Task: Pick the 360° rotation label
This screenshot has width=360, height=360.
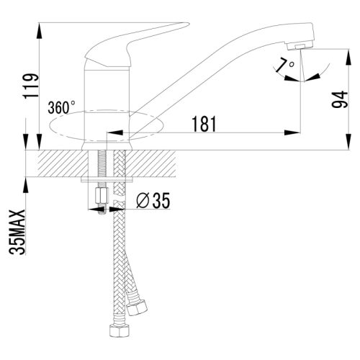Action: [x=62, y=108]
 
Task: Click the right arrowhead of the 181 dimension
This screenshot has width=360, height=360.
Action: [x=296, y=133]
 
